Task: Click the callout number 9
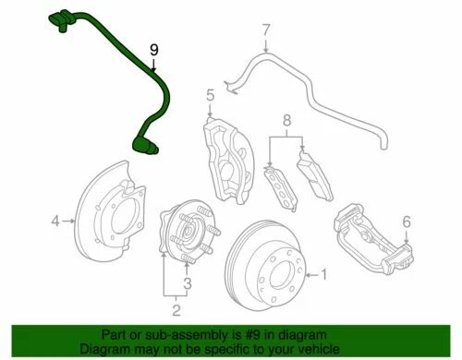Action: [154, 50]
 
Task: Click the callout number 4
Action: [55, 221]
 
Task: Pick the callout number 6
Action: [405, 222]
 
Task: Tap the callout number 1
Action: [323, 273]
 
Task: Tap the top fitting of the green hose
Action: [58, 17]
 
